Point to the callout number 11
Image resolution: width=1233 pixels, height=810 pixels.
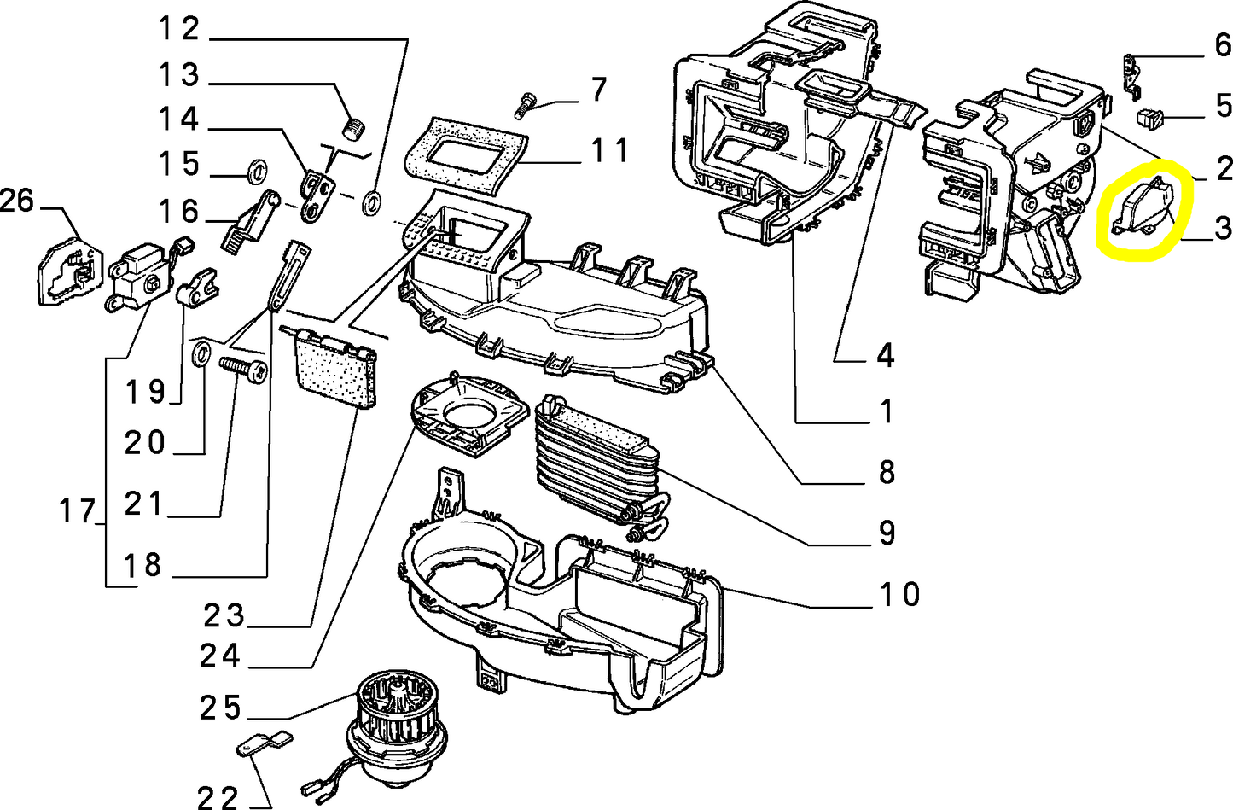(x=609, y=151)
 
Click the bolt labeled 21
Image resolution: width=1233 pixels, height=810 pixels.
(x=243, y=369)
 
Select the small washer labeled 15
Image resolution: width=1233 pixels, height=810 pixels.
(x=254, y=172)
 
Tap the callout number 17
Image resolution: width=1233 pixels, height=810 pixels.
(x=78, y=512)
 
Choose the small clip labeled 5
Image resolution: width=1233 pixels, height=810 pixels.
(x=1149, y=117)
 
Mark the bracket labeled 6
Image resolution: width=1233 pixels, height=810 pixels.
(x=1132, y=72)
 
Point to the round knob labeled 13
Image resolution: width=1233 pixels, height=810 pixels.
(x=352, y=129)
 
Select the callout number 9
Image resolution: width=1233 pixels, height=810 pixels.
(x=887, y=533)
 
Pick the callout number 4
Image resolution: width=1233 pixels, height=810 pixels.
(x=885, y=353)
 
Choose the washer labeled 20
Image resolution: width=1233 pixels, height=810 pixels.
(x=201, y=353)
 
